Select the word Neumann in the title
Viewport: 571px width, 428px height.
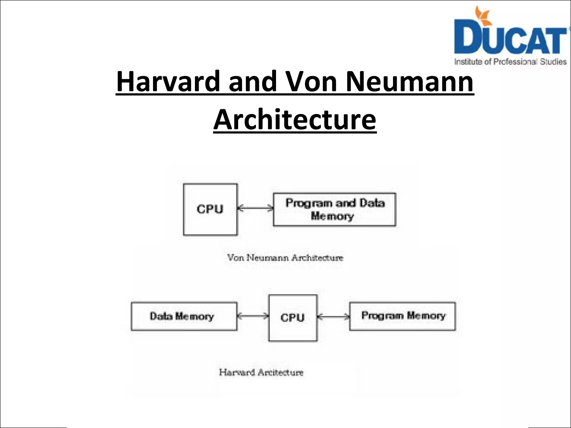point(410,81)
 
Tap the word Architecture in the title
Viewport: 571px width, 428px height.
point(295,120)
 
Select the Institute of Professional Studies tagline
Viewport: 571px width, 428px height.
point(510,62)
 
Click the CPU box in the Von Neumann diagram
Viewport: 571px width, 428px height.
point(211,209)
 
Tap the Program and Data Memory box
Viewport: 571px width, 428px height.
point(334,210)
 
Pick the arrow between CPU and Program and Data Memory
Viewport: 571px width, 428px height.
point(255,208)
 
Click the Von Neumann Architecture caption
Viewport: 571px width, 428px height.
point(285,257)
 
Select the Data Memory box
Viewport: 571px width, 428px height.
point(184,316)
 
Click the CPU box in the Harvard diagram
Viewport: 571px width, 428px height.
point(293,318)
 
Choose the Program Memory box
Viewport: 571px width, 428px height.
point(402,316)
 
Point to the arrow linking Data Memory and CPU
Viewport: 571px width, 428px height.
point(253,316)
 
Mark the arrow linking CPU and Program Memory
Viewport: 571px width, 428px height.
point(333,317)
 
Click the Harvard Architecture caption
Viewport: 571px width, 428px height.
point(261,372)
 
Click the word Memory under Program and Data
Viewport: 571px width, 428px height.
point(332,216)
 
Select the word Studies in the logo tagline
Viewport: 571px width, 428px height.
point(553,62)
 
